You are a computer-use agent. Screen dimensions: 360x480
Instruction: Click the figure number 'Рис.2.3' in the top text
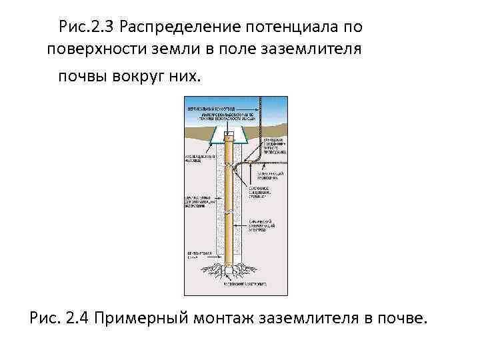(x=87, y=28)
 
